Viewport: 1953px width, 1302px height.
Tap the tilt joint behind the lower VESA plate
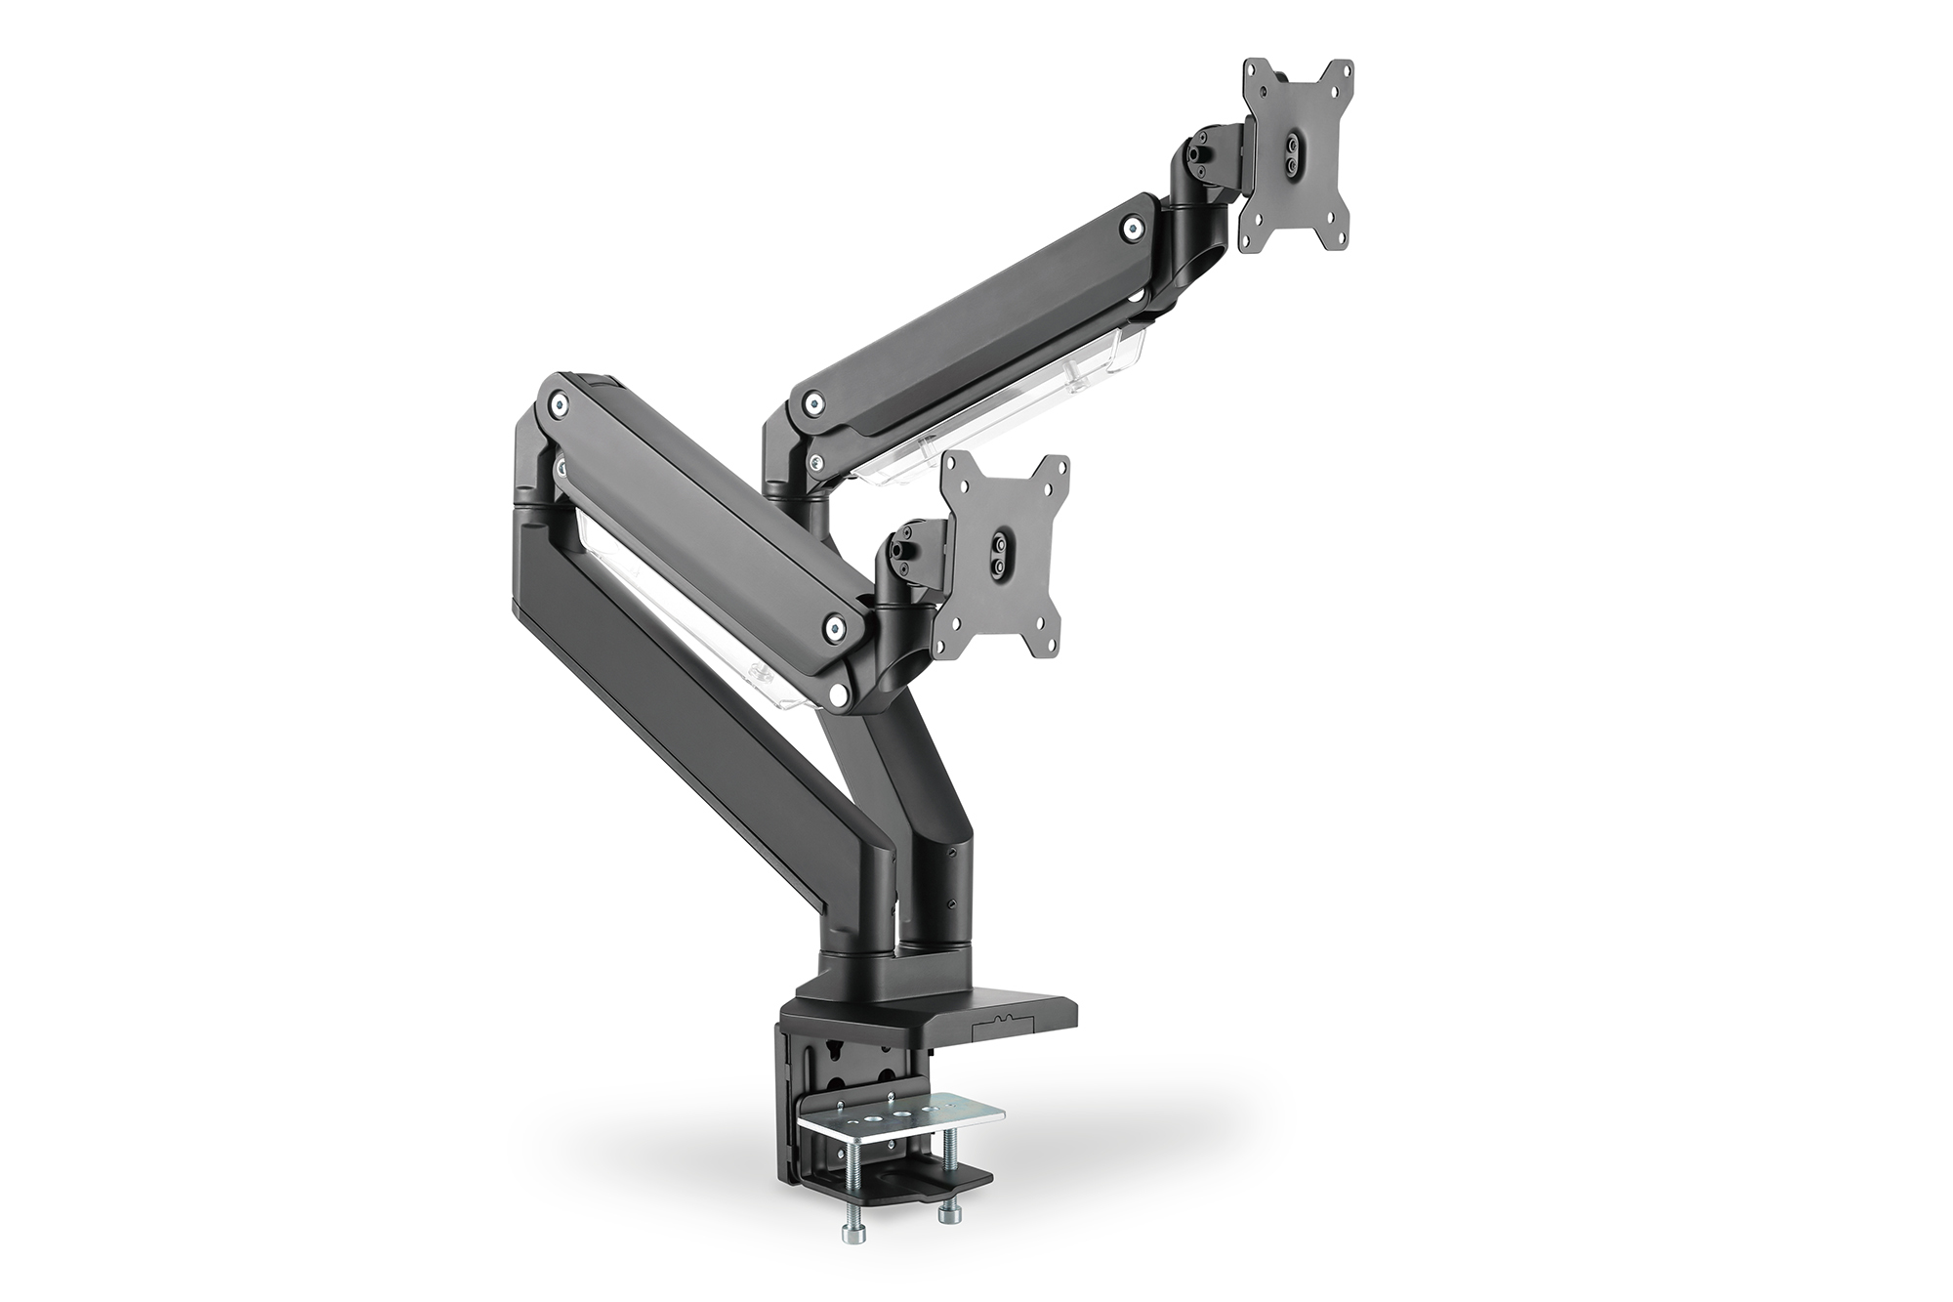point(911,547)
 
